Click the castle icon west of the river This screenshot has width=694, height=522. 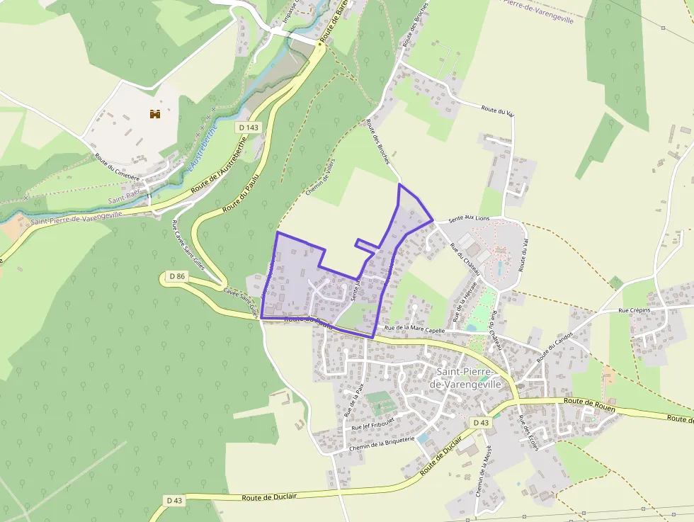tap(155, 113)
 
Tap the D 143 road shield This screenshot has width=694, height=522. tap(249, 127)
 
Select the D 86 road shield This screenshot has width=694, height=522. tap(177, 276)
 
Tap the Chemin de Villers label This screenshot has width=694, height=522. tap(321, 177)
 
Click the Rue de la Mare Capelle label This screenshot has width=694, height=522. tap(414, 329)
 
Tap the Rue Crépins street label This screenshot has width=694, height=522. tap(633, 310)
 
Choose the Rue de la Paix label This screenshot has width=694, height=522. tap(353, 398)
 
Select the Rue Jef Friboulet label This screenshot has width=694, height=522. tap(372, 424)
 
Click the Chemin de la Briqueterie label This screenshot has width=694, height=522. tap(380, 444)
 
